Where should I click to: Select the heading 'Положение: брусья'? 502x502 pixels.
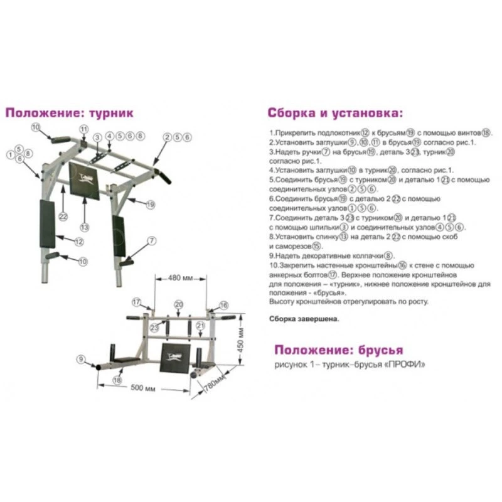click(x=339, y=350)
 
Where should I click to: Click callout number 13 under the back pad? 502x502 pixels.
click(x=84, y=227)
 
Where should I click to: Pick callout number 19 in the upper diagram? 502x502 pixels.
click(x=151, y=205)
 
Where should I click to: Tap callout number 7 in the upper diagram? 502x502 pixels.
click(x=151, y=240)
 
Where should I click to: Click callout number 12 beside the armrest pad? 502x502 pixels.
click(x=79, y=241)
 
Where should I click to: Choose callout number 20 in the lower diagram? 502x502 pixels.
click(x=178, y=304)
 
